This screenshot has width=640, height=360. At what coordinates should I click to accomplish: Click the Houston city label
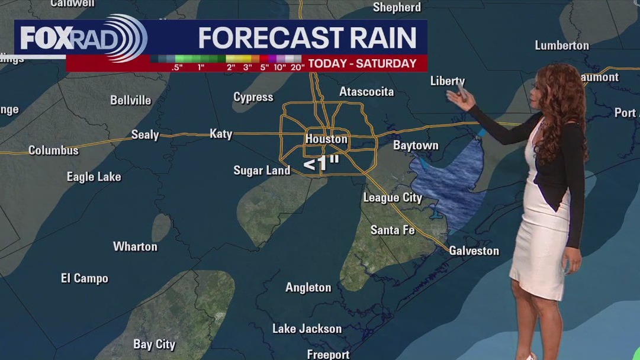(326, 139)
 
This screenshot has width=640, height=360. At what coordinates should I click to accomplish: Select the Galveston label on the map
(474, 251)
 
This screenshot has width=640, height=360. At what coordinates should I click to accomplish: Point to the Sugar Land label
(262, 171)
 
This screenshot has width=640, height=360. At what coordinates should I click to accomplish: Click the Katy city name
(221, 134)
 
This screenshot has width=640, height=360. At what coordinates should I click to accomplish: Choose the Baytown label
(416, 146)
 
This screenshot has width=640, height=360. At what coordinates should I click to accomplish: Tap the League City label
(393, 198)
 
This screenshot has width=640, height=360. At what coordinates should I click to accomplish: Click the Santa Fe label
(393, 230)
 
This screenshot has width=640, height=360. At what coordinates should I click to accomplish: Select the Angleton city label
(308, 288)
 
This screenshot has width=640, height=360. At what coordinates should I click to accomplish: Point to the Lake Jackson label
(307, 329)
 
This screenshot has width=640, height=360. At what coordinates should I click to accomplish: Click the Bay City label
(154, 345)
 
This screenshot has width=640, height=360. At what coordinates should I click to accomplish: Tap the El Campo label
(85, 278)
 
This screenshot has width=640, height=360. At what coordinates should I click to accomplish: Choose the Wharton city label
(135, 246)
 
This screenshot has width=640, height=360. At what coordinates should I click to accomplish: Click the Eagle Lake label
(94, 177)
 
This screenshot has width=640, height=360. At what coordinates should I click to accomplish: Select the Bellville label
(130, 100)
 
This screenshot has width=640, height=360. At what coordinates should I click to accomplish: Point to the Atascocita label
(366, 92)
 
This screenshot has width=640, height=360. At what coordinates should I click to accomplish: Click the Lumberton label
(562, 46)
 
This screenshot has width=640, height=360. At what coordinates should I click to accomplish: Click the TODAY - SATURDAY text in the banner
(362, 63)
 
